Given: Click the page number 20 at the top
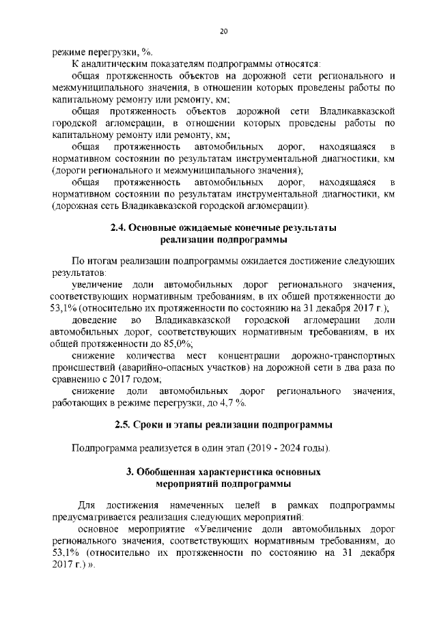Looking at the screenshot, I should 223,31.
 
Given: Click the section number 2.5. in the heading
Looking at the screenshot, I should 124,426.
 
